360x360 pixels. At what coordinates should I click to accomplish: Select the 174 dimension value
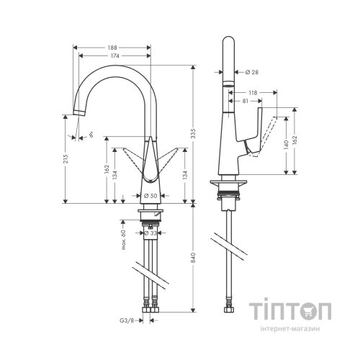tap(114, 55)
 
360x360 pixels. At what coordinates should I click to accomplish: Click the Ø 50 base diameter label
tap(150, 196)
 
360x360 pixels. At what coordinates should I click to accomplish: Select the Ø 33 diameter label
tap(150, 232)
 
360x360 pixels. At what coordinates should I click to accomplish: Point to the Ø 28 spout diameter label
tap(251, 73)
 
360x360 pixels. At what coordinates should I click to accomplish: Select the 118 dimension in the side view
tap(252, 92)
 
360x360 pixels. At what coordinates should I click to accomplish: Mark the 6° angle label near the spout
tap(91, 135)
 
